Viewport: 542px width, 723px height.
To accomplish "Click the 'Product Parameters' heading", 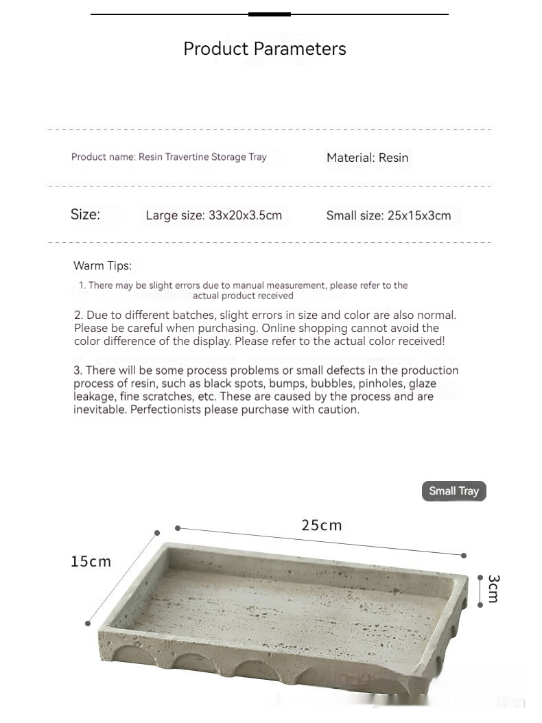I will [x=264, y=49].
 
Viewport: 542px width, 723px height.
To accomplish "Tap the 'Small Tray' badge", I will [x=453, y=491].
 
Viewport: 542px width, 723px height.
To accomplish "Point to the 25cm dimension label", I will [x=321, y=525].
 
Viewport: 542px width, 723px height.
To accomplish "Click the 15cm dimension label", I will [x=91, y=562].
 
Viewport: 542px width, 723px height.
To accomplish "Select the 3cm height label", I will [x=493, y=589].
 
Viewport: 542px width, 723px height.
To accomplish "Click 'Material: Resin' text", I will [x=367, y=158].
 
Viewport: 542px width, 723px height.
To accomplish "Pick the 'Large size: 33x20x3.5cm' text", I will [x=213, y=215].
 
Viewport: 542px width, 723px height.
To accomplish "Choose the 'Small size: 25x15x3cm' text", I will [x=388, y=215].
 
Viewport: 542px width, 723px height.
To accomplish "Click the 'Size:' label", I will [x=85, y=214].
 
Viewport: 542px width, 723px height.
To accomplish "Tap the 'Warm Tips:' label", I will [x=102, y=265].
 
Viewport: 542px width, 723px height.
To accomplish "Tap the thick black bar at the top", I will [x=269, y=14].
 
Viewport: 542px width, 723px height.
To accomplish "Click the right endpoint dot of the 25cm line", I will [x=464, y=555].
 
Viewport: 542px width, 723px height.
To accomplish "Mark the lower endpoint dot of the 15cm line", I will [x=88, y=623].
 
